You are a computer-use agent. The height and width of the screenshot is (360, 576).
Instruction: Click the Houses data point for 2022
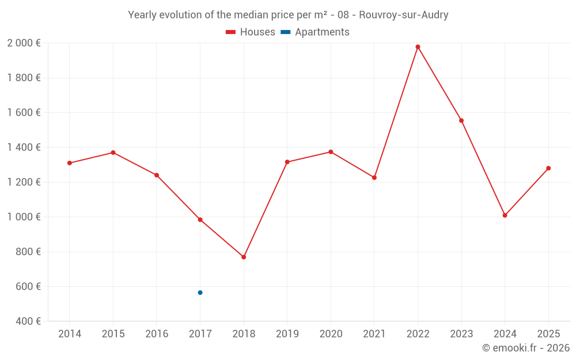click(418, 47)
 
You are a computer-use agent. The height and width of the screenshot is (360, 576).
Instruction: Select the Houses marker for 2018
click(244, 257)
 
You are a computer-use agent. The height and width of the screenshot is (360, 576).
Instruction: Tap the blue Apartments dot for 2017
click(200, 293)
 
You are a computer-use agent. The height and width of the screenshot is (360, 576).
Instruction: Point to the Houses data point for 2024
click(505, 215)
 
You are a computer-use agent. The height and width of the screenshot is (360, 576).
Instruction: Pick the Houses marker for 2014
click(70, 163)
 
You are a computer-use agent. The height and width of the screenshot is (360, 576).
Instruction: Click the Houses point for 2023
click(461, 120)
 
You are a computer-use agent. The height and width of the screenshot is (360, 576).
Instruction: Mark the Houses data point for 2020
click(331, 152)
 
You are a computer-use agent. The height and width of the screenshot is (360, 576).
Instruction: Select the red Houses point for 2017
click(200, 219)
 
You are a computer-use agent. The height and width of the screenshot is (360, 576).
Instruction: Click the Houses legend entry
click(251, 32)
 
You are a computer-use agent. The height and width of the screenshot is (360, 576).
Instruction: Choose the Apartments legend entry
click(315, 32)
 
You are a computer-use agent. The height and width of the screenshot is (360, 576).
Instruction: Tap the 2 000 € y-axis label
click(24, 43)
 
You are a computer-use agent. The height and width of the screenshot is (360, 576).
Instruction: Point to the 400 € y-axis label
click(28, 321)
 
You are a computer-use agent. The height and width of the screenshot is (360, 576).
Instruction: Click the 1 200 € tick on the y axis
click(24, 182)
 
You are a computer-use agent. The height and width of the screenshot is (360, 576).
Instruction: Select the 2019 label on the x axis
click(287, 334)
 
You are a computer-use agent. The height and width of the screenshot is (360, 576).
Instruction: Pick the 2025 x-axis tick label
click(548, 334)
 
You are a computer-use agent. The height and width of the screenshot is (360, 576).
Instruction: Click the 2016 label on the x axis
click(157, 334)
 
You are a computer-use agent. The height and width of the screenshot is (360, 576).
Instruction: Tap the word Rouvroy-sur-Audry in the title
click(403, 15)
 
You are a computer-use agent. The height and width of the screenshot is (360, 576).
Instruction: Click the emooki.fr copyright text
click(526, 348)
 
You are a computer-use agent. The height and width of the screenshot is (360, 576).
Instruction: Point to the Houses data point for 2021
click(374, 177)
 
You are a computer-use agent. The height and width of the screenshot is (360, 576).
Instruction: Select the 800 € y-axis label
click(28, 252)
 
